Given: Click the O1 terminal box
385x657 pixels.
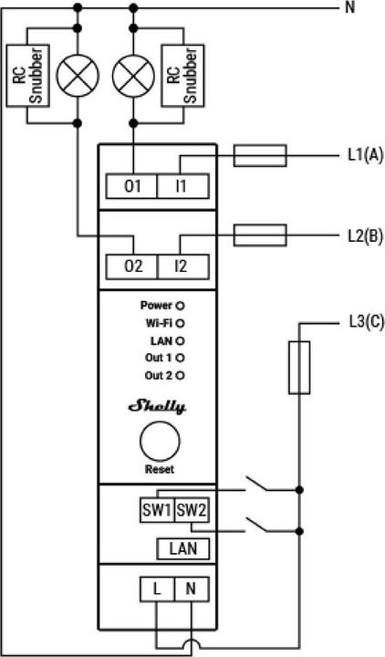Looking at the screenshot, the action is coord(131,186).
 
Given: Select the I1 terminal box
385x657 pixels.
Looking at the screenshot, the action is coord(183,186).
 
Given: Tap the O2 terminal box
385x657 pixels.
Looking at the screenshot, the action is coord(131,266).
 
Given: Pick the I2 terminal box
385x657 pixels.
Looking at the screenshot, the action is coord(183,266).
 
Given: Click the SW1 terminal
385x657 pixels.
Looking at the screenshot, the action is coord(157,510).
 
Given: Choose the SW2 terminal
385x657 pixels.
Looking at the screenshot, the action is coord(192,510).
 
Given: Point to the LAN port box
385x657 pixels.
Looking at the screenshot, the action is coord(183,548).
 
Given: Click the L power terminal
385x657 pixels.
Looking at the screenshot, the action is coord(157,589).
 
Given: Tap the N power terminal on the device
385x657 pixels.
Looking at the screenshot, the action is coord(192,589).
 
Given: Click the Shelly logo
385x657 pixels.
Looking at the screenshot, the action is coord(157,407).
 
